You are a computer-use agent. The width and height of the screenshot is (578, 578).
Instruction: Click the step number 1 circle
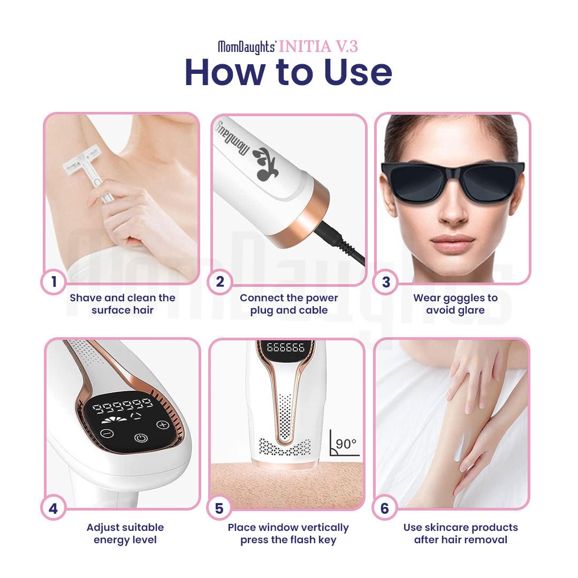point(54,282)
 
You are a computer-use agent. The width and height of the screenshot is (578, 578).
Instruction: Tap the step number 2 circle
point(220,282)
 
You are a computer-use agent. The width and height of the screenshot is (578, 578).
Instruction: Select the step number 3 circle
point(386,282)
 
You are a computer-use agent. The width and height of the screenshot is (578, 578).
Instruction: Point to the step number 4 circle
point(54,508)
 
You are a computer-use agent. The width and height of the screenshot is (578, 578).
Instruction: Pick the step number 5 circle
point(219,508)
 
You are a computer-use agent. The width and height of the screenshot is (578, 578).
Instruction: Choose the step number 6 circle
point(385,508)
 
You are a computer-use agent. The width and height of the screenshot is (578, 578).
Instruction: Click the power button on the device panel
point(140,438)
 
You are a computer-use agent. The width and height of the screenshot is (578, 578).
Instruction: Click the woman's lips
point(453,244)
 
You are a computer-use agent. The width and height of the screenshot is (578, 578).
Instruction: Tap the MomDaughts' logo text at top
point(247,47)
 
